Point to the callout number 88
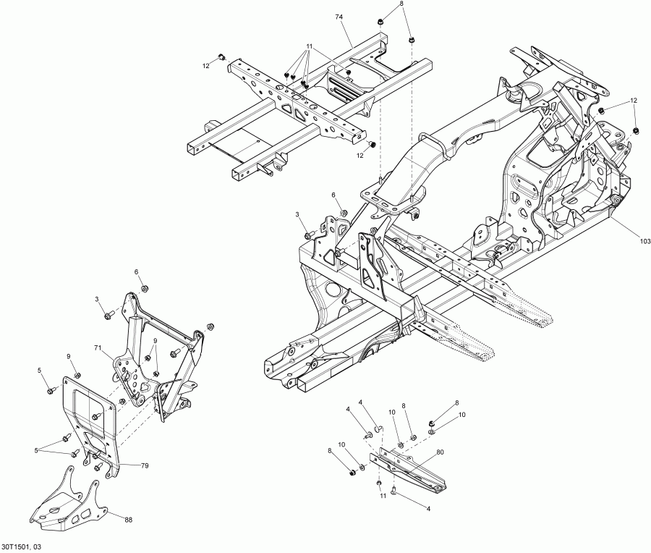click(129, 519)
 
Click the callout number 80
click(440, 454)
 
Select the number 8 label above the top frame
click(401, 5)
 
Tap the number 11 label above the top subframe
click(309, 46)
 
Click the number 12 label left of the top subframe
click(205, 65)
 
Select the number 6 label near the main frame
click(334, 195)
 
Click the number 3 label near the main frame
click(297, 215)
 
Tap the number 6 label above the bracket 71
click(136, 271)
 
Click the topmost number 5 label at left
click(41, 371)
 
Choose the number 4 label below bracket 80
click(427, 509)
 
